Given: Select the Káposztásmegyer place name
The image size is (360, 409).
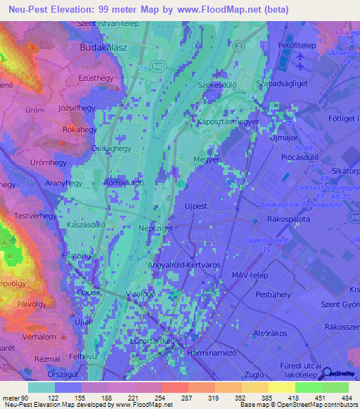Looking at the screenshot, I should coord(227,122).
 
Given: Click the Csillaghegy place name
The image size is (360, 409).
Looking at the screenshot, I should coord(111,149).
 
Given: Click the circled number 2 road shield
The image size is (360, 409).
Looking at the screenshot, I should coord(239,45).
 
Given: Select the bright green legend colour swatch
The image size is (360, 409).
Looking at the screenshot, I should coord(309,387).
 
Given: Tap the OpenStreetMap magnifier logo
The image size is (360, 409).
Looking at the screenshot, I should coord(328,377).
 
